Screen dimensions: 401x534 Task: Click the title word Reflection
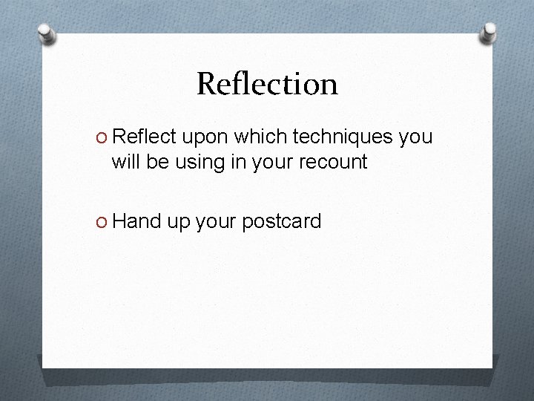click(267, 84)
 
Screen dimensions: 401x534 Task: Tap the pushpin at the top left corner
click(46, 33)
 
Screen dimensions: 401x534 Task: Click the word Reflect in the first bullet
click(145, 137)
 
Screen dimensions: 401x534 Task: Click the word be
click(157, 161)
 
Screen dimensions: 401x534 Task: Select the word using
click(199, 163)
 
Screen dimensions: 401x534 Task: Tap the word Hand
click(141, 221)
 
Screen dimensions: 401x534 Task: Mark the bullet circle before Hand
click(103, 221)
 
